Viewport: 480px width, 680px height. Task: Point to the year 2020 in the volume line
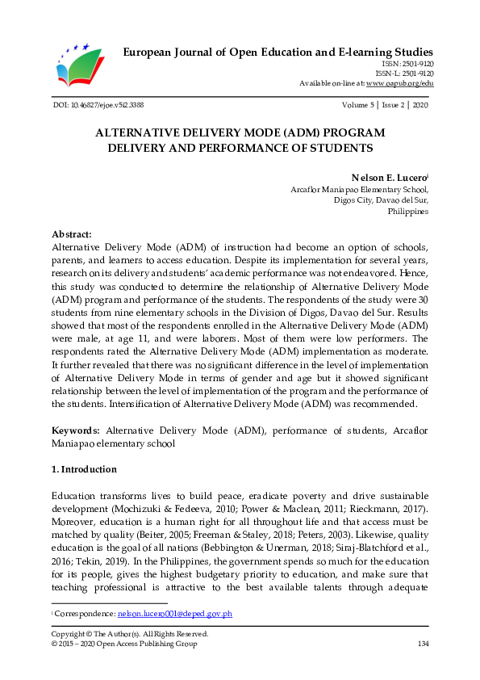point(419,105)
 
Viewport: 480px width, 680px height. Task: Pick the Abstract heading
point(72,233)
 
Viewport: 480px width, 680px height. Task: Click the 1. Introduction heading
point(83,469)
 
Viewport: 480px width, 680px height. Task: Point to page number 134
point(422,644)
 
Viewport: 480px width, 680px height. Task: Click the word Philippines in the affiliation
point(408,211)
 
